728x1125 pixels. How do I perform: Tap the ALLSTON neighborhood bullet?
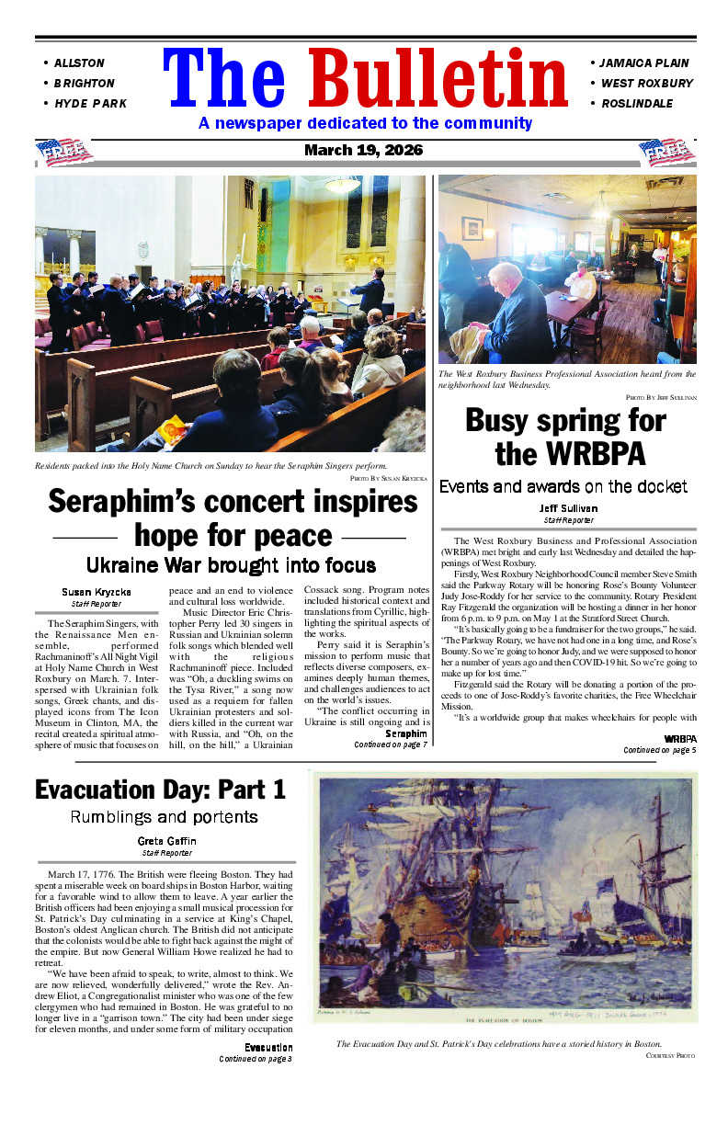tap(79, 63)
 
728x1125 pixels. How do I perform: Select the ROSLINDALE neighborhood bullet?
tap(636, 104)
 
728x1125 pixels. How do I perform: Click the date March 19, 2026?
tap(364, 151)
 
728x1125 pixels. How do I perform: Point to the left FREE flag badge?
tap(64, 152)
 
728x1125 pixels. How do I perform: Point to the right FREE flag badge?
tap(667, 152)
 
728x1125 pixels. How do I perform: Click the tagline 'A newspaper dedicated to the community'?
tap(365, 123)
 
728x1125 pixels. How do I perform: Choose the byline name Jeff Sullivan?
tap(568, 508)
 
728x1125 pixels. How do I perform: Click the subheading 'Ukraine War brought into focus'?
tap(231, 564)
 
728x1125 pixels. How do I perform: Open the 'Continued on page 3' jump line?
tap(256, 1059)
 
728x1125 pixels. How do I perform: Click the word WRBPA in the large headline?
tap(570, 454)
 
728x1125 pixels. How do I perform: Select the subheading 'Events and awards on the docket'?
tap(563, 486)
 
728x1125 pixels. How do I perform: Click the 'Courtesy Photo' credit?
tap(672, 1056)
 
